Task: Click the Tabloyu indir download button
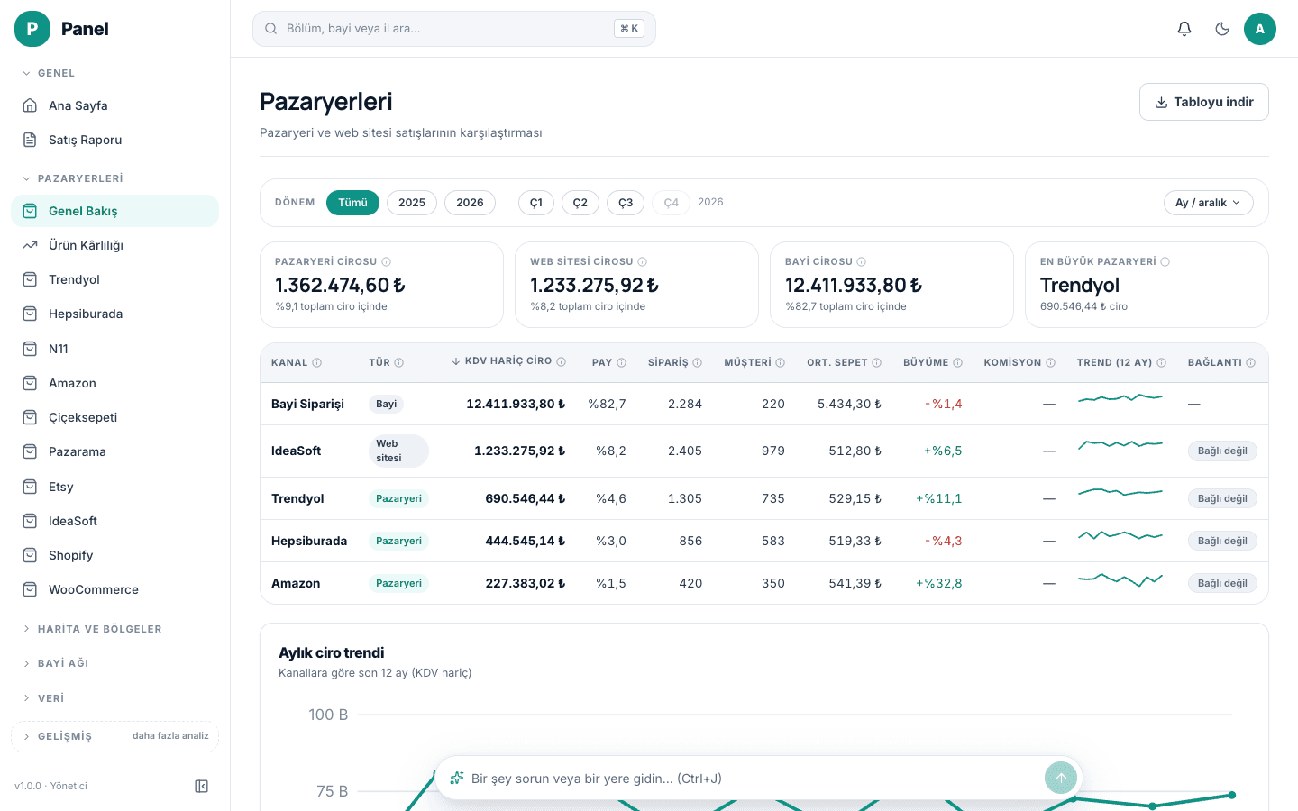pos(1203,102)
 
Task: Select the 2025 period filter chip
pos(411,203)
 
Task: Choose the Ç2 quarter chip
pos(580,203)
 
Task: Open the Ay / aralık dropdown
pos(1208,203)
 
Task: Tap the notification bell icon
pos(1184,29)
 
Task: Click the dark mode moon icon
pos(1222,29)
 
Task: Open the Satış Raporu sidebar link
pos(85,140)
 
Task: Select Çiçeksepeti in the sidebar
pos(83,417)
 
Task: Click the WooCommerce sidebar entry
pos(94,589)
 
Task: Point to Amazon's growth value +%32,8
pos(938,583)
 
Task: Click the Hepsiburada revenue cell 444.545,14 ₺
pos(525,541)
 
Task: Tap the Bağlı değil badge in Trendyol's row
pos(1222,498)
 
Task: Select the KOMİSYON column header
pos(1012,362)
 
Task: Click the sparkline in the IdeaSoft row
pos(1120,444)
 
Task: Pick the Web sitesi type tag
pos(398,451)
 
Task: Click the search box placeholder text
pos(353,29)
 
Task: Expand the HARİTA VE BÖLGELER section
pos(100,629)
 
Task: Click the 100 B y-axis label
pos(328,715)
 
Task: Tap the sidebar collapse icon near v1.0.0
pos(201,786)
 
